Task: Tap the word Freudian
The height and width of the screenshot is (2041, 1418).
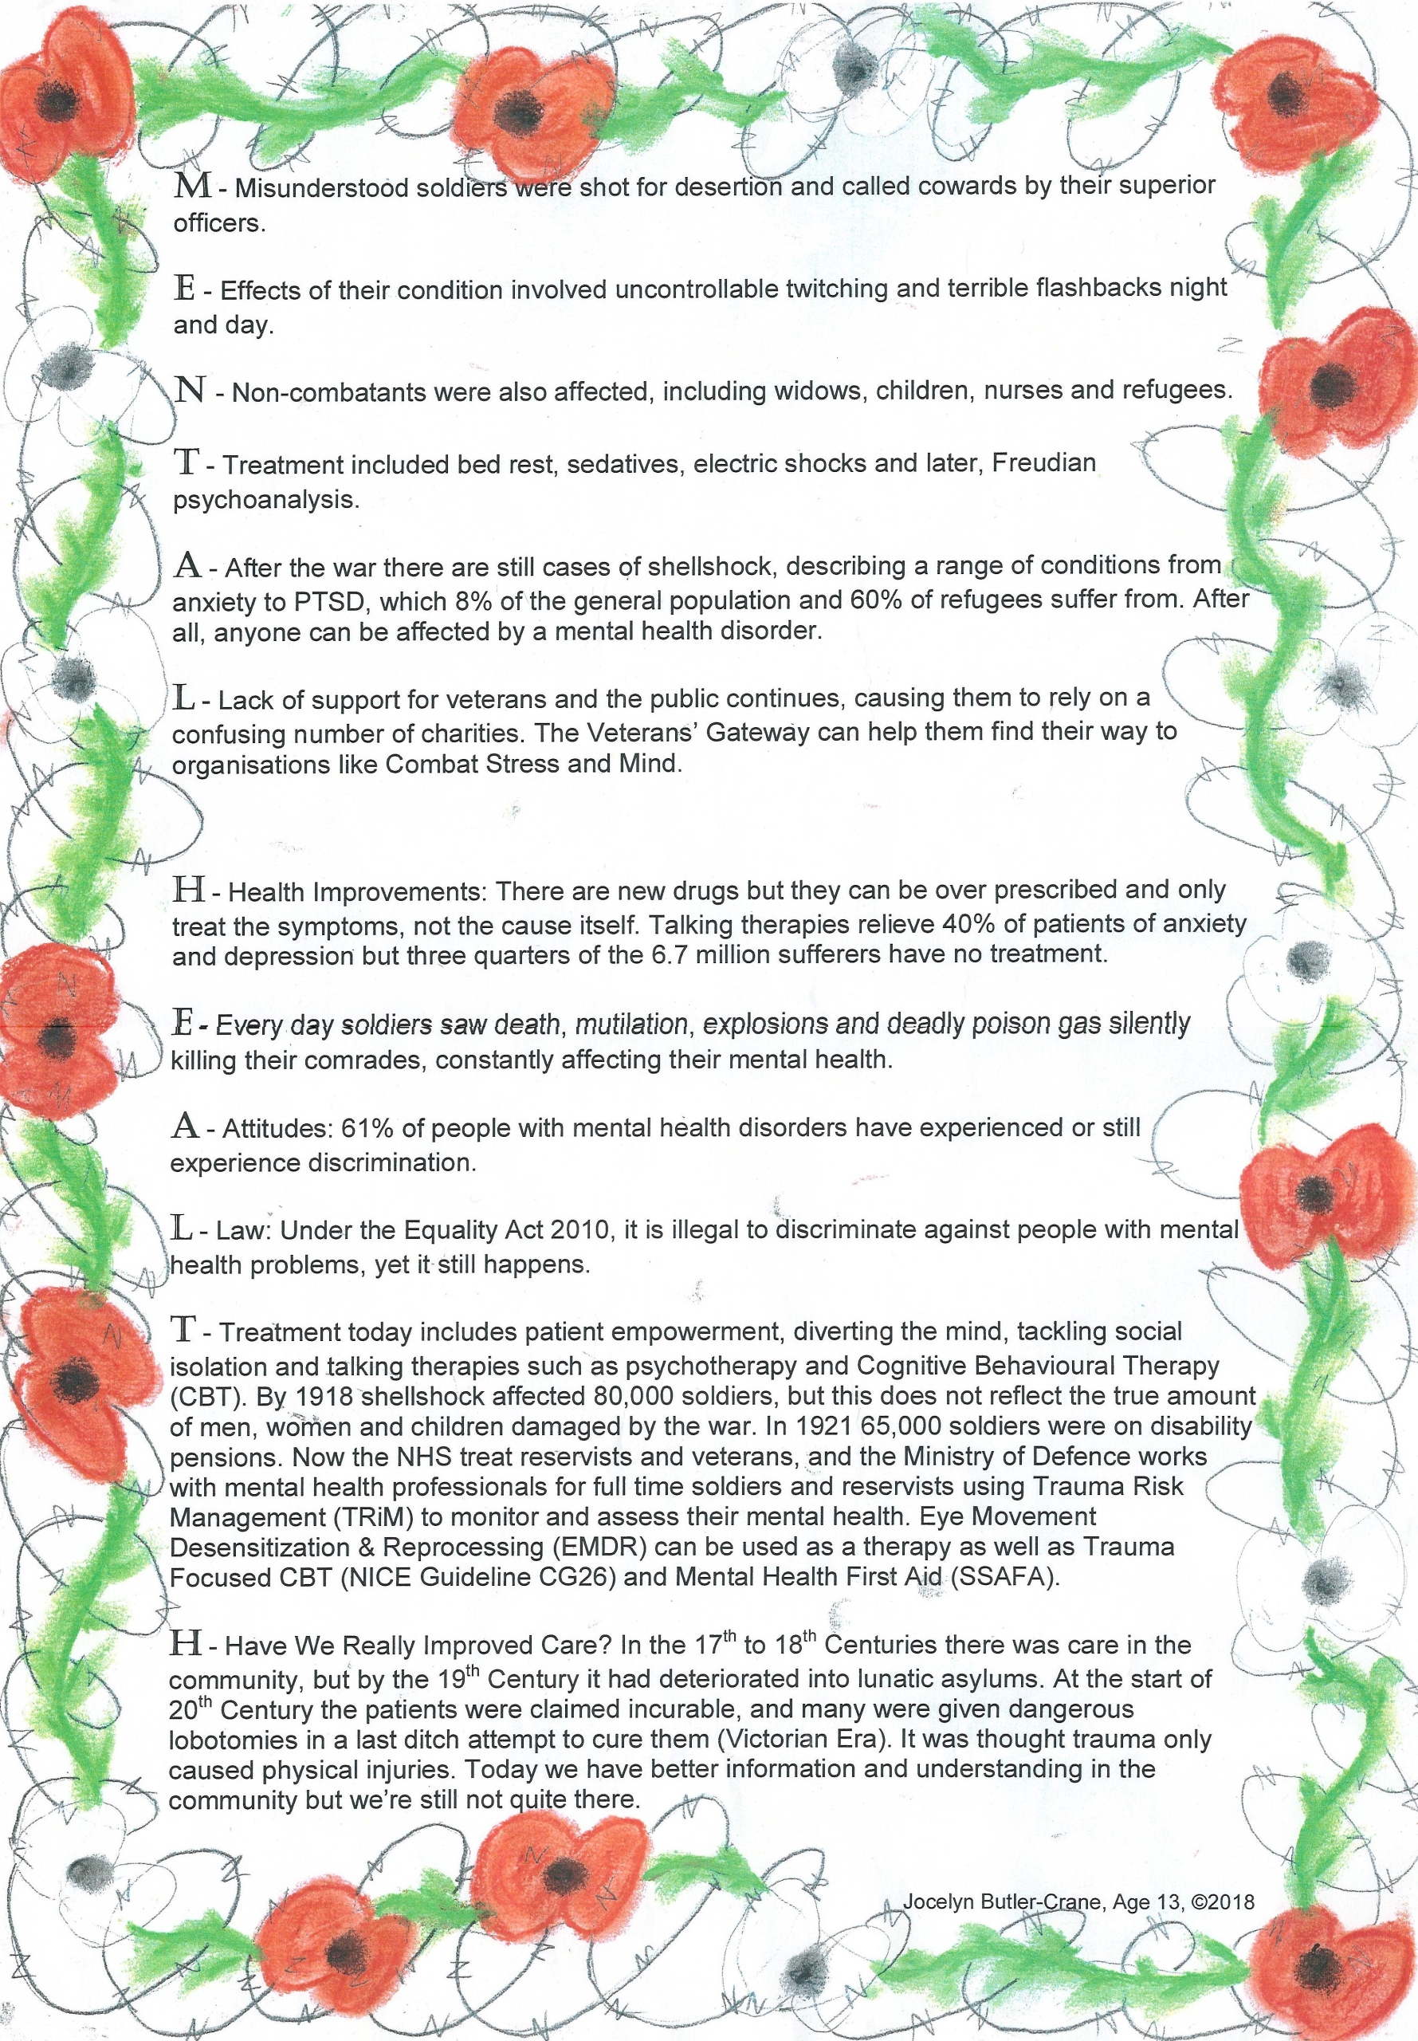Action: coord(1043,463)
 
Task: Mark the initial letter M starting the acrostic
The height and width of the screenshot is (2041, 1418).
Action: coord(192,186)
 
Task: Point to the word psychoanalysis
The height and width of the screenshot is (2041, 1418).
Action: coord(265,499)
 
